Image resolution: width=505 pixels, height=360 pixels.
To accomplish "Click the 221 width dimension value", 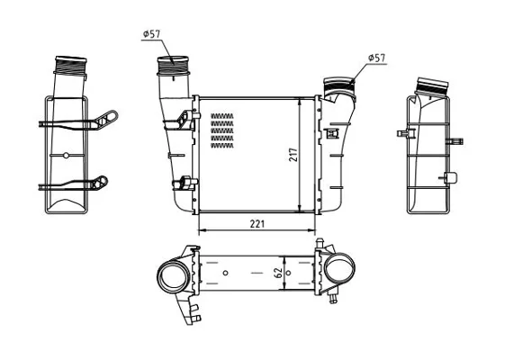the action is (x=257, y=224).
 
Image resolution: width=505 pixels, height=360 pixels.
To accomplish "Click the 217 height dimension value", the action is (x=294, y=155).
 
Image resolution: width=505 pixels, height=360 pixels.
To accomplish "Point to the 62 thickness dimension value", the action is (x=279, y=273).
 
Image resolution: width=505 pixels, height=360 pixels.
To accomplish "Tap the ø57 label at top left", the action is (x=151, y=34).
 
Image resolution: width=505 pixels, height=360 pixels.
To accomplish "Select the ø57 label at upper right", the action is (x=376, y=58).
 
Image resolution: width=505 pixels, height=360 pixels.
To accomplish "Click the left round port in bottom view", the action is (x=172, y=274).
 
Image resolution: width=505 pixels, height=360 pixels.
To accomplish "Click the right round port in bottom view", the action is (x=339, y=268).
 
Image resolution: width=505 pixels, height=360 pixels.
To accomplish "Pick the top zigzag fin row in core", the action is (x=222, y=116).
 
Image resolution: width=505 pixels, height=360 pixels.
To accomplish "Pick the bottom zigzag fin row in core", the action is (x=222, y=146).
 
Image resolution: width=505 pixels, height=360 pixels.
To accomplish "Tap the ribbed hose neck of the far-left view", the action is (x=70, y=66).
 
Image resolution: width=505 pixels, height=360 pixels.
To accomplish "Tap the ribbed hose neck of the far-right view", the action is (x=431, y=86).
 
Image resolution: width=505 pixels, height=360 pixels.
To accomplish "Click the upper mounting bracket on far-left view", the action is (x=78, y=121).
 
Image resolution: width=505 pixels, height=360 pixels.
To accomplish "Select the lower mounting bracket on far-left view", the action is (x=74, y=184).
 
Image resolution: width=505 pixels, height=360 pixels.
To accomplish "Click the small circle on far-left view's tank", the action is (x=66, y=156).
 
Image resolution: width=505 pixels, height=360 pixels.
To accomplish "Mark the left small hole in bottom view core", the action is (x=225, y=273).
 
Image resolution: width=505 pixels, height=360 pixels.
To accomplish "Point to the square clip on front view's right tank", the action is (x=331, y=133).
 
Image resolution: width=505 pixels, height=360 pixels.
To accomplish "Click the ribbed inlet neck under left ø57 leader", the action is (x=173, y=66).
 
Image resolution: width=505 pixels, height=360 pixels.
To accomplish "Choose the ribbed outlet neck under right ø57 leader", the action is (x=339, y=85).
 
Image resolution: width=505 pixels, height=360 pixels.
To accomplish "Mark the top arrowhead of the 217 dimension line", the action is (x=300, y=102).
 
